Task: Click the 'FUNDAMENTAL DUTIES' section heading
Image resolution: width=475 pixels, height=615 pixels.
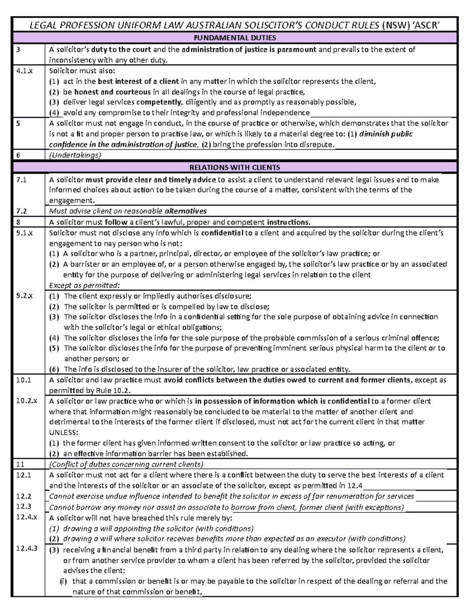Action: coord(235,38)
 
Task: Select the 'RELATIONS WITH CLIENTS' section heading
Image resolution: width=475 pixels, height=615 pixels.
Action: coord(235,167)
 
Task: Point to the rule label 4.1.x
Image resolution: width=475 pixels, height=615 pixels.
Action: coord(22,71)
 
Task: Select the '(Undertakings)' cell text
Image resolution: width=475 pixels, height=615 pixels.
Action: coord(75,155)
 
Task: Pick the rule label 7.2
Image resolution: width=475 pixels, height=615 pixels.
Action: coord(21,211)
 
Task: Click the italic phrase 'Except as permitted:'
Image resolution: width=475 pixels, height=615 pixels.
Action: coord(84,285)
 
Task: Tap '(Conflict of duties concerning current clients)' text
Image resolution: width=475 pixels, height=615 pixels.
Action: coord(126,464)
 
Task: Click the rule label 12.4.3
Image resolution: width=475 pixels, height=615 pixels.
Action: coord(26,548)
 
